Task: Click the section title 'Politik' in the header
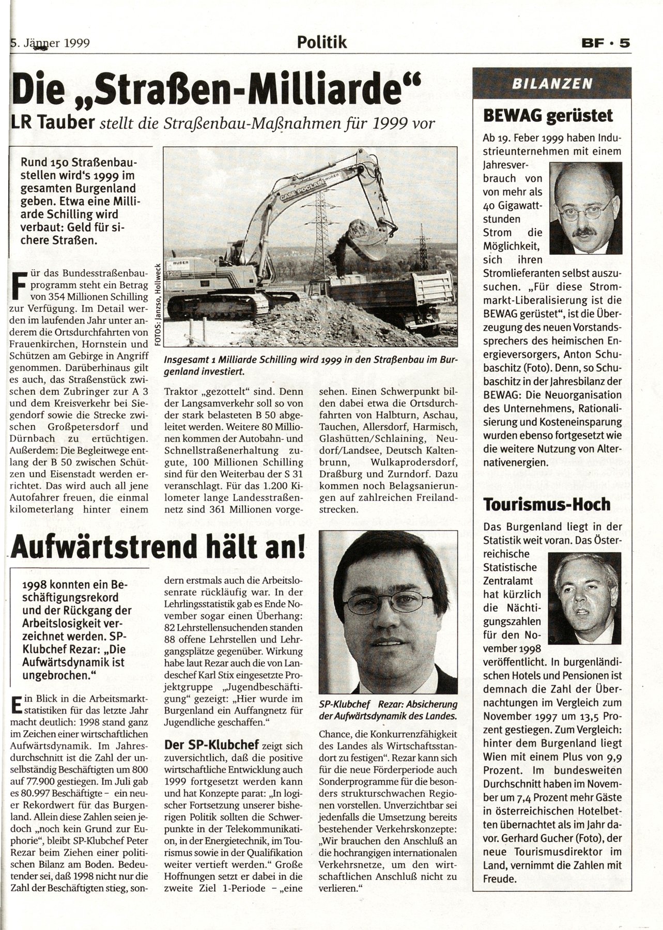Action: (322, 42)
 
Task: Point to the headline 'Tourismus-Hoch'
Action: (547, 504)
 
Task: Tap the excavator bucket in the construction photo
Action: (368, 240)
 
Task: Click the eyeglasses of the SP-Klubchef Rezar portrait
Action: (388, 600)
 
